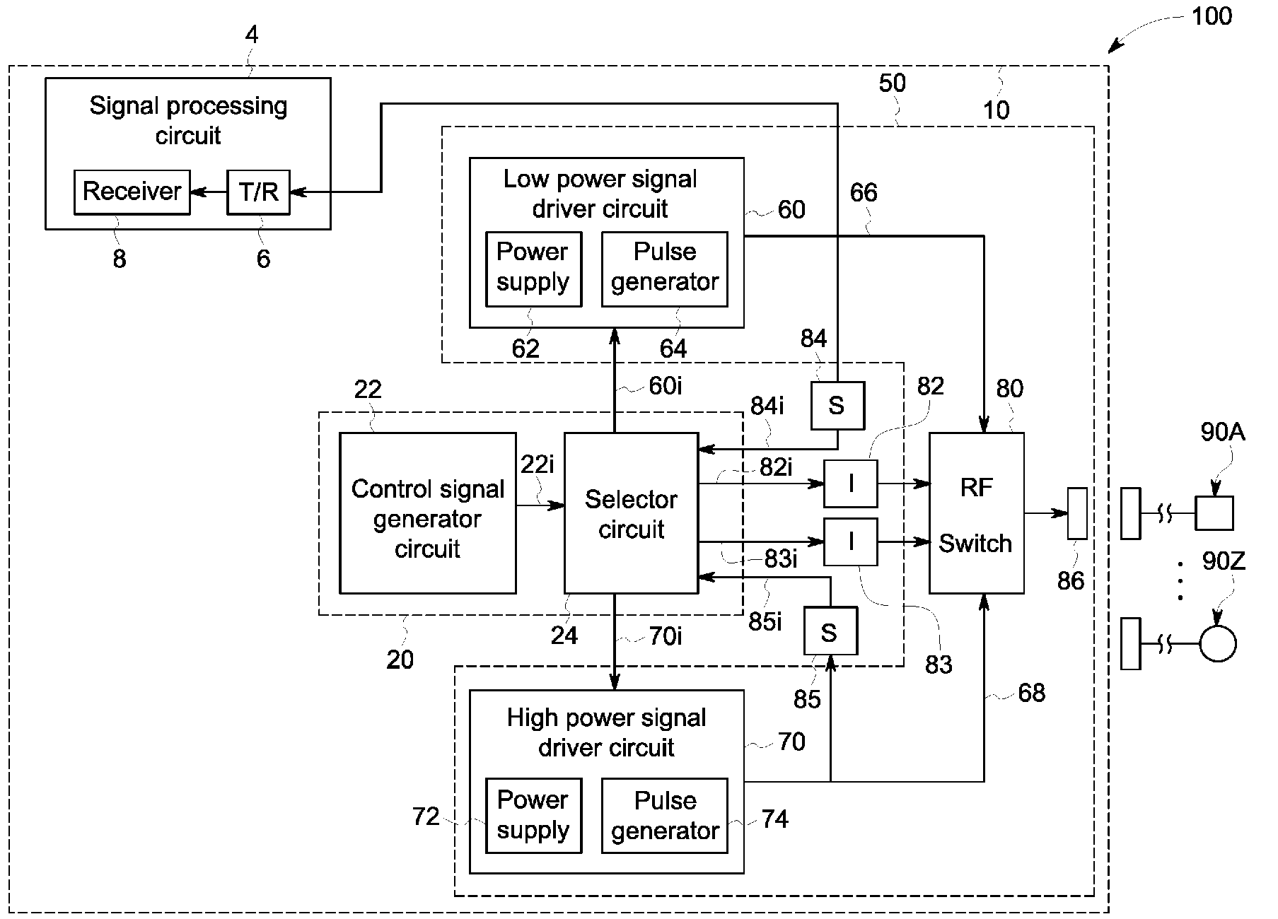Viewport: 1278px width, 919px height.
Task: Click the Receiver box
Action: coord(132,192)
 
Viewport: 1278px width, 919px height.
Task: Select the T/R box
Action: coord(259,192)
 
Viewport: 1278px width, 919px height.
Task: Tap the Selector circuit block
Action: coord(631,513)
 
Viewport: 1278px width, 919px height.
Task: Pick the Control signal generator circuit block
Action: coord(428,513)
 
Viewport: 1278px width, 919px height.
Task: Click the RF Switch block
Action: coord(976,513)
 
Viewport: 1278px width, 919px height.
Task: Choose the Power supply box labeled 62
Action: coord(533,269)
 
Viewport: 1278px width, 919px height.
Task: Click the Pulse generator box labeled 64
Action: coord(664,269)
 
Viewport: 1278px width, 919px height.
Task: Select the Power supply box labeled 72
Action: coord(533,816)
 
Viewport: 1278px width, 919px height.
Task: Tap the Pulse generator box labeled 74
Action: coord(664,816)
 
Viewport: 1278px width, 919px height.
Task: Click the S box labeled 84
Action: coord(837,406)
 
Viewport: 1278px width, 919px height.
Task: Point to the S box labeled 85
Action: coord(830,631)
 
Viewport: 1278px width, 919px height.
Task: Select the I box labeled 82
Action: coord(851,484)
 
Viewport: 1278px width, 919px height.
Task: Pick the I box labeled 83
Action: coord(851,542)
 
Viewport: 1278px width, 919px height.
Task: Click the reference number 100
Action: coord(1212,16)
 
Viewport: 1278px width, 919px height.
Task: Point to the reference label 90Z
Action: coord(1224,562)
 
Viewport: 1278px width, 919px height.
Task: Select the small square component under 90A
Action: coord(1214,513)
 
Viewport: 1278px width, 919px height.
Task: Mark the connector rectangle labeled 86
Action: coord(1076,513)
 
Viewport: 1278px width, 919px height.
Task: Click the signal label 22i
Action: coord(538,464)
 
